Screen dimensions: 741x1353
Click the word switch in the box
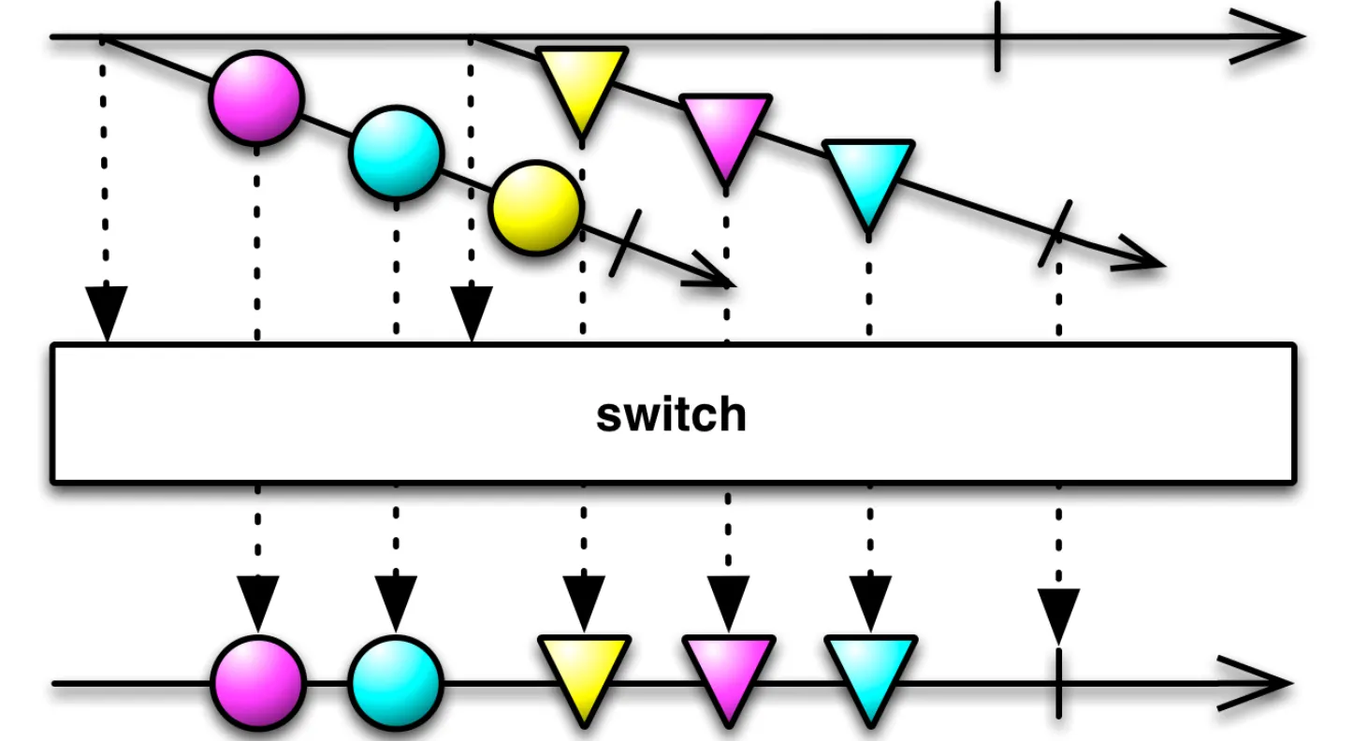672,414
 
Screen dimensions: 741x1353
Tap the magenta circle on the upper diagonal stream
256,96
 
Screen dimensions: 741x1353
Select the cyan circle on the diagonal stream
396,153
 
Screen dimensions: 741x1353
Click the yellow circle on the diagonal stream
536,208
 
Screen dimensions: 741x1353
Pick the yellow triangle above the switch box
581,84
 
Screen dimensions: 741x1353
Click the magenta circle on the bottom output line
257,683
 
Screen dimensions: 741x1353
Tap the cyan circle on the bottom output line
396,683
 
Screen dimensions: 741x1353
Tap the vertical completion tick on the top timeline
997,37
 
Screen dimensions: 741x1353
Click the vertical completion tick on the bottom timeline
1058,683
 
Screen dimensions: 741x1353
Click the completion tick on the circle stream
624,242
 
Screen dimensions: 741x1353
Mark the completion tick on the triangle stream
1055,233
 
